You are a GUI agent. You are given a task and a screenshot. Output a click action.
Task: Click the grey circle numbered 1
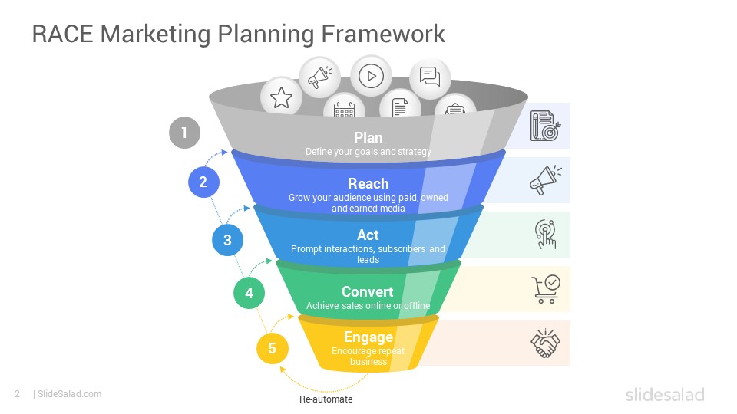[x=184, y=133]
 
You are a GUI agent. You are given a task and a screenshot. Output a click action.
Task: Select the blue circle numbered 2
[x=203, y=182]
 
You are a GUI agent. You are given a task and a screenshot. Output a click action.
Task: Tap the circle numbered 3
[x=227, y=240]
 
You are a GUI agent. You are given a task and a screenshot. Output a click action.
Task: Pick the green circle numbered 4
[x=249, y=293]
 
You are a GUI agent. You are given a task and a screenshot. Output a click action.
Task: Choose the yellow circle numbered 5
[x=272, y=348]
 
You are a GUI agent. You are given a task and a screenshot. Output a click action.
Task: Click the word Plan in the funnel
[x=368, y=137]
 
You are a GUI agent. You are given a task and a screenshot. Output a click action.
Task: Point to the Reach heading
[x=368, y=183]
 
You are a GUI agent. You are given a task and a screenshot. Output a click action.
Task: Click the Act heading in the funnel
[x=368, y=235]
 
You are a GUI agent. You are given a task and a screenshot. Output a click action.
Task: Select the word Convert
[x=368, y=291]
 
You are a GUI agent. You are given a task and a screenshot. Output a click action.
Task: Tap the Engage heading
[x=368, y=337]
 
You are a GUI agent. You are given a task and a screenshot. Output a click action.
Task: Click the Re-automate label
[x=326, y=399]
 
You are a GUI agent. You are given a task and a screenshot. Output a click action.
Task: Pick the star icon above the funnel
[x=281, y=97]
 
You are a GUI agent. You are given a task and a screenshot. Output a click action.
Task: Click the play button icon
[x=372, y=76]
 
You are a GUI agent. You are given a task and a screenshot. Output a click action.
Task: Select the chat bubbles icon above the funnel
[x=430, y=77]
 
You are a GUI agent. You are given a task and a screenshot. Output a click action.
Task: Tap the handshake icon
[x=545, y=343]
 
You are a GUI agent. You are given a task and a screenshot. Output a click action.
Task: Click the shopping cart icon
[x=546, y=289]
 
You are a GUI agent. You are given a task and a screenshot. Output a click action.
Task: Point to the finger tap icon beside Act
[x=545, y=234]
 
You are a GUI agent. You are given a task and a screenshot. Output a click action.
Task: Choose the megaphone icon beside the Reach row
[x=545, y=179]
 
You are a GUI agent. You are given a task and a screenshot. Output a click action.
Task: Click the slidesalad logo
[x=665, y=394]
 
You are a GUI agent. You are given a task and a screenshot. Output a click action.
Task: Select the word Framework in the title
[x=383, y=34]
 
